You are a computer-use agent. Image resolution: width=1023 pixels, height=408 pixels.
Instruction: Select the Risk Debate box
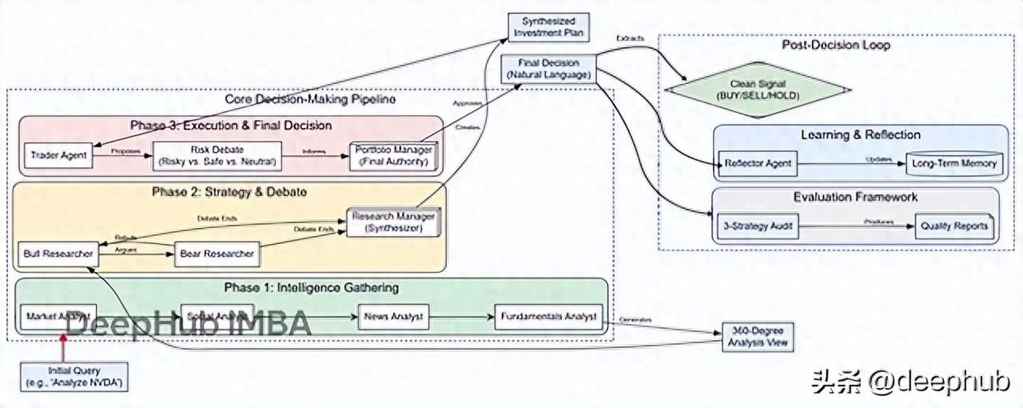pos(217,155)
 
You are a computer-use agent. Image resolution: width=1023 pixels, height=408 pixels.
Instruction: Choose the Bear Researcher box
pos(217,254)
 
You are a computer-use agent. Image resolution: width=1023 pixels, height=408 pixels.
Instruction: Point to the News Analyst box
pos(394,317)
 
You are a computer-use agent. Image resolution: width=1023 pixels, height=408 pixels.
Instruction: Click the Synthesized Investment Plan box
pos(548,26)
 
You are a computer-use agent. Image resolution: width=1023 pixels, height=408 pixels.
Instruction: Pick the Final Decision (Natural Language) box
pos(548,69)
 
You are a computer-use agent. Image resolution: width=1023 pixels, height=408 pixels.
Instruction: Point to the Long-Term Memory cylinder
pos(954,164)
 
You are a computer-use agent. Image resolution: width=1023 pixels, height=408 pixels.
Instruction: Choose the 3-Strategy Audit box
pos(754,226)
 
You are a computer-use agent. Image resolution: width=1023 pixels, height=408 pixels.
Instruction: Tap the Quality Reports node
pos(954,226)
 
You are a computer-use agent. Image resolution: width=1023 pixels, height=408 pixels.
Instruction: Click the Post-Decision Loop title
pos(835,46)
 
